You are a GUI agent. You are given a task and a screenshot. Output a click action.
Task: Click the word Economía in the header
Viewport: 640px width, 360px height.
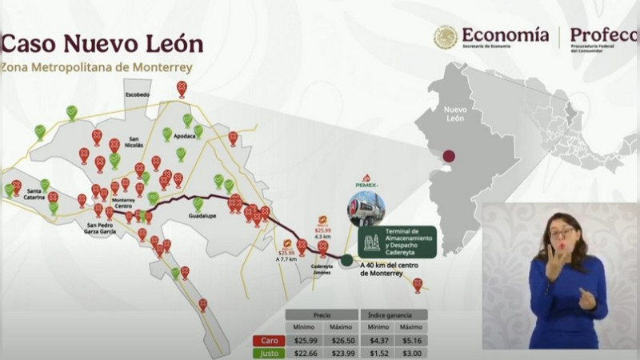point(505,34)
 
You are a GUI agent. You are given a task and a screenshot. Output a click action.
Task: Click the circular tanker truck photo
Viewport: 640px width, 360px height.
point(366,210)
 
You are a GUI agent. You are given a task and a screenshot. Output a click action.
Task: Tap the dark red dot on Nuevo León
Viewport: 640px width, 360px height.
point(449,157)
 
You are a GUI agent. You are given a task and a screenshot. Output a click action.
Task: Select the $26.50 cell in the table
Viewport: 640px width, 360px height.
point(340,340)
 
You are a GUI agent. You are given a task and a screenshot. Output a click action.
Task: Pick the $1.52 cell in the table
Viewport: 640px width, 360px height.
point(377,354)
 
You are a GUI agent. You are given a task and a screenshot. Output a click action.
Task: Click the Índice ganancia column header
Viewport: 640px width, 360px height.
point(394,314)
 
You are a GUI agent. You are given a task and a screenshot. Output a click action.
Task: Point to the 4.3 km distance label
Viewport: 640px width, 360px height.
point(322,237)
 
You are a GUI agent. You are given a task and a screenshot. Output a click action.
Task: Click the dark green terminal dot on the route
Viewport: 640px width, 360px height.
point(346,259)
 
